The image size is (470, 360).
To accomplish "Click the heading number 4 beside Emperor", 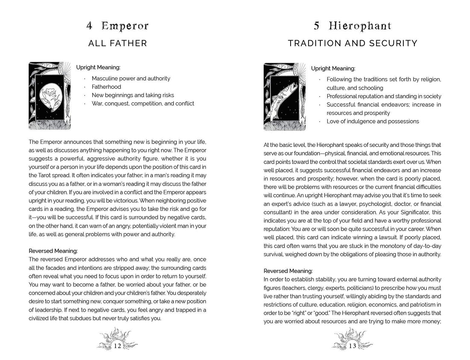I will point(89,26).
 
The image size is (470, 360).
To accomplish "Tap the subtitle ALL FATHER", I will point(117,43).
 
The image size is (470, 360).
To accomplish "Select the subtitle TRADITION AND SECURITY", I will point(352,43).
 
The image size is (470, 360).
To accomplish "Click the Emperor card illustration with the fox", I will point(50,96).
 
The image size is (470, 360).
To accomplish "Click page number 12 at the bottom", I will point(117,346).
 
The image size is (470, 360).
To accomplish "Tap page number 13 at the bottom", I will point(352,346).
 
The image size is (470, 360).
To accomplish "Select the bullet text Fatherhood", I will point(106,87).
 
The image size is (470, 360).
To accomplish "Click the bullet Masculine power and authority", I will point(131,79).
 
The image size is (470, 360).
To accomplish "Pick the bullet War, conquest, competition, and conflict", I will point(143,103).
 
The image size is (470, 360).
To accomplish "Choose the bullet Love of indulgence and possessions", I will point(373,121).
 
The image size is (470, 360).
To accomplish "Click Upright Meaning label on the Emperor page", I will point(98,67).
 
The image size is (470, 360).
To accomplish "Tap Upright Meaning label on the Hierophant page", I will point(333,68).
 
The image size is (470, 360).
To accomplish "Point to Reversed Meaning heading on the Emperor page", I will point(53,251).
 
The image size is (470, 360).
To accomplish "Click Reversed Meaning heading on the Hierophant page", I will point(288,271).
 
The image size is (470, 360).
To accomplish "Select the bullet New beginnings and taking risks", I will point(133,95).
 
